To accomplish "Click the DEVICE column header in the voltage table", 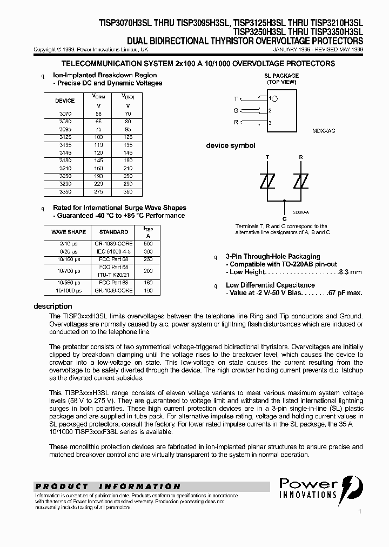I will coord(65,101).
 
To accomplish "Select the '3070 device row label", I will coord(64,114).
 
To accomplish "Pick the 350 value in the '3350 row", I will coord(128,192).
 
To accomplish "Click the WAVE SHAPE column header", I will coord(69,232).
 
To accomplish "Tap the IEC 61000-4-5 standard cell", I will coord(113,251).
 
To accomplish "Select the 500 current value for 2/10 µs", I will coord(148,244).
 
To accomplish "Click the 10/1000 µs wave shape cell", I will coord(69,290).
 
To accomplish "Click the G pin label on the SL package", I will coord(236,111).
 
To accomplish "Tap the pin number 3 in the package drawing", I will coord(270,123).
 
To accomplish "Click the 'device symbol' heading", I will coord(231,146).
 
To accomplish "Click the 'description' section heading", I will coord(53,306).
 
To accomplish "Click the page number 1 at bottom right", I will coord(359,511).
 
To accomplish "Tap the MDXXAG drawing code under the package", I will coord(324,131).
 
